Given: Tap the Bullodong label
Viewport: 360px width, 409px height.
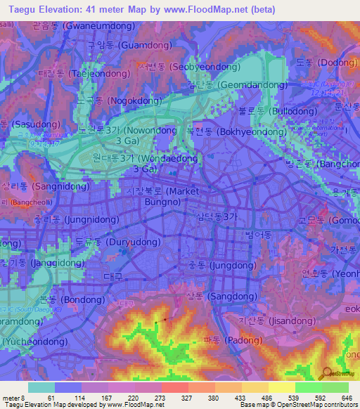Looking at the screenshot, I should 277,111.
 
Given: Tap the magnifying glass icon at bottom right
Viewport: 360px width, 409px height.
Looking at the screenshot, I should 326,372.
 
